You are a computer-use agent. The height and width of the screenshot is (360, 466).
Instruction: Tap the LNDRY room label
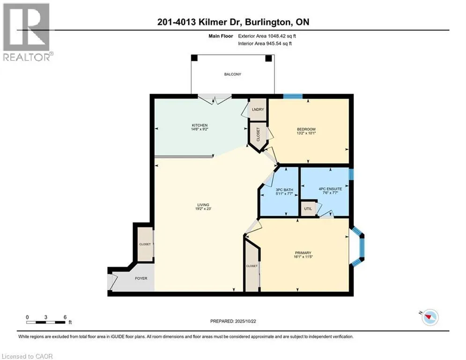258,110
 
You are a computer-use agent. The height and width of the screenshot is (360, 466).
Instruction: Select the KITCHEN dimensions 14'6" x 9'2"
200,130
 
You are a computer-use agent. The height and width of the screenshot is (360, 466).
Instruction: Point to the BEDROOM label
306,129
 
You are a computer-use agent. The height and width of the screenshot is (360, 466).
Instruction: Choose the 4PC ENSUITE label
330,189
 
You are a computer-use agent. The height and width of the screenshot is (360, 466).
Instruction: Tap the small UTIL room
308,209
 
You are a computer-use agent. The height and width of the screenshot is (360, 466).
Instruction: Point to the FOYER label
141,278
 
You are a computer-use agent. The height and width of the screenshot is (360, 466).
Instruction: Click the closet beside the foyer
145,244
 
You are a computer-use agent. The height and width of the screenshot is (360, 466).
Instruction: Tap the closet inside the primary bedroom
252,266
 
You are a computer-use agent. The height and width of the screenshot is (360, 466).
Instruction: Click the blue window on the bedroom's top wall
293,96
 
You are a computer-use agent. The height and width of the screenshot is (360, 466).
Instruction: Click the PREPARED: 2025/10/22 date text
233,321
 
